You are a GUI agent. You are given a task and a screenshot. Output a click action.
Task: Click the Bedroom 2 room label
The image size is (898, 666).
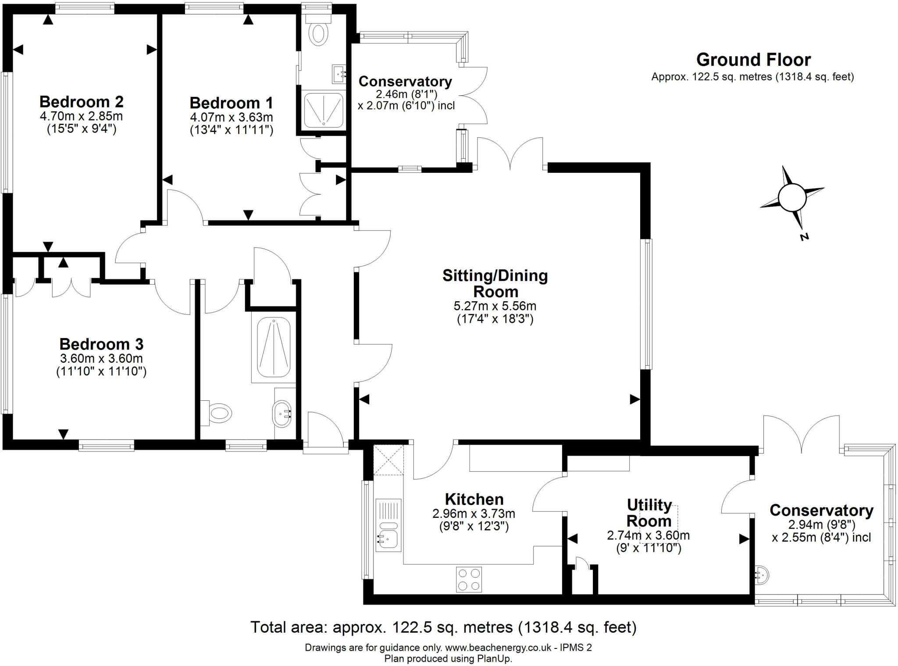click(x=82, y=102)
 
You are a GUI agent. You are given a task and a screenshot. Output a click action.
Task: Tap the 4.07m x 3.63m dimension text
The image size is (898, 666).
click(x=231, y=117)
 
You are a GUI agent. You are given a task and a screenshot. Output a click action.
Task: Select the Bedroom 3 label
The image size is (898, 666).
click(x=101, y=344)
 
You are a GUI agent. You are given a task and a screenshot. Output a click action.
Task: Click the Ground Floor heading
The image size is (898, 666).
click(x=753, y=60)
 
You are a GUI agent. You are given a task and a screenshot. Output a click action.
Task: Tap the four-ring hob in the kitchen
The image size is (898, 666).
click(x=469, y=579)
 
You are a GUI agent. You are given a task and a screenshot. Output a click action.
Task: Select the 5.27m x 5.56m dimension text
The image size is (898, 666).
click(x=495, y=306)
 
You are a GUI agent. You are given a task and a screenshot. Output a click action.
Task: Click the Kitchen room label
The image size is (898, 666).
click(x=474, y=499)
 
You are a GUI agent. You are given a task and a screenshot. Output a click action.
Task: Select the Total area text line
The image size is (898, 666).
click(x=443, y=627)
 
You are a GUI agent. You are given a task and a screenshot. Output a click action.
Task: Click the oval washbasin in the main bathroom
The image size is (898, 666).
click(x=282, y=413)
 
